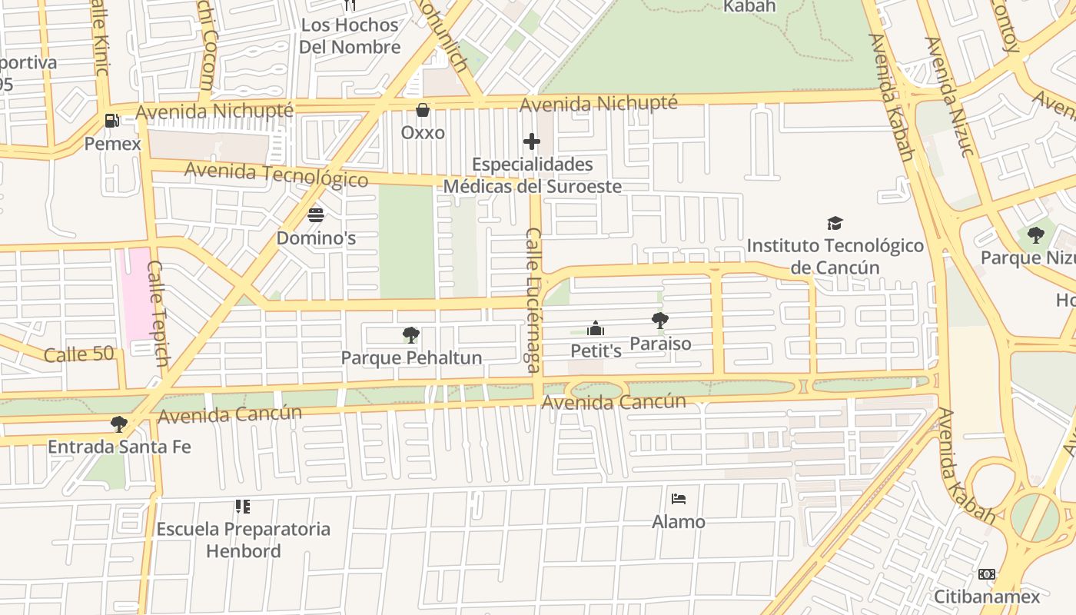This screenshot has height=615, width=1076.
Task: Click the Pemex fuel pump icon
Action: tap(112, 121)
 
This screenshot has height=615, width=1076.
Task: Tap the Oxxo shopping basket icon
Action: tap(422, 110)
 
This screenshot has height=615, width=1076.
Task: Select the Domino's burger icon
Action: tap(316, 214)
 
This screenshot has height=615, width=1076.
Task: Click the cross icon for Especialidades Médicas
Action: tap(531, 141)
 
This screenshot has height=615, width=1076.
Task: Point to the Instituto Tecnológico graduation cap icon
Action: tap(835, 223)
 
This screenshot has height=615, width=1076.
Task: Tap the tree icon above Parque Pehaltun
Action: tap(411, 334)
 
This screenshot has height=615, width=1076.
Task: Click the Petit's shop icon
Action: tap(596, 329)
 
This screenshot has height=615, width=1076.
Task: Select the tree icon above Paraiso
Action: tap(659, 321)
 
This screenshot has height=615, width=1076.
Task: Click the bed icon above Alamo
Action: tap(678, 499)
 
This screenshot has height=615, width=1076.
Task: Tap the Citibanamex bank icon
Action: tap(987, 574)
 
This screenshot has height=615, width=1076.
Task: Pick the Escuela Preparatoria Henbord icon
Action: tap(243, 507)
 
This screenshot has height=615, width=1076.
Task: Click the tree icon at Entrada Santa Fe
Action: tap(118, 424)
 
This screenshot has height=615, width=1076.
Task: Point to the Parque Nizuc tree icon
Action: tap(1035, 234)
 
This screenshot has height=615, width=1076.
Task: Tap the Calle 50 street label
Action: tap(79, 354)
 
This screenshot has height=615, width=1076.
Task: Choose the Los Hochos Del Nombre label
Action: tap(350, 35)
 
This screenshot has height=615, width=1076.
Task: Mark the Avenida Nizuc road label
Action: tap(951, 96)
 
